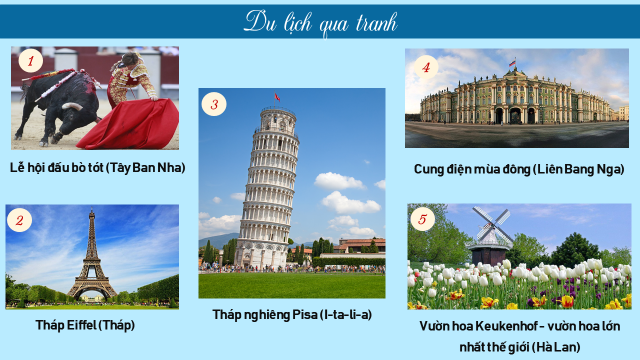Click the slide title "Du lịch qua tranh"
click(x=320, y=21)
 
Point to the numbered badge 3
click(x=214, y=103)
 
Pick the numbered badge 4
click(x=427, y=67)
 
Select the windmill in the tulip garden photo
click(x=490, y=236)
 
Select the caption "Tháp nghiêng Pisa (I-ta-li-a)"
click(x=292, y=314)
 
